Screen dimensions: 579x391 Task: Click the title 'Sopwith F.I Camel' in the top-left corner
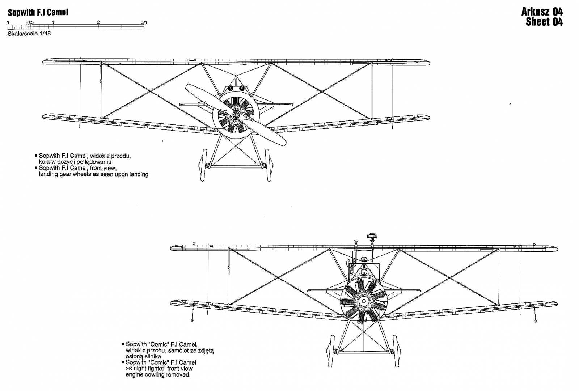pos(38,12)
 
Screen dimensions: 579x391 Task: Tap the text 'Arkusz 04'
pos(542,12)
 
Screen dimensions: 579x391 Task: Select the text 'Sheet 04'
pos(544,22)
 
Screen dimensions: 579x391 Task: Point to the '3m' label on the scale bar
pos(144,22)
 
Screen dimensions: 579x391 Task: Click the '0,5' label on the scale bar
pos(30,22)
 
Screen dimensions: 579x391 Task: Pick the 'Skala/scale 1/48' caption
pos(29,34)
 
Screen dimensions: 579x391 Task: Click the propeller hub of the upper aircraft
pos(236,115)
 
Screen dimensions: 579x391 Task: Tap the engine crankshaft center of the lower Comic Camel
pos(364,301)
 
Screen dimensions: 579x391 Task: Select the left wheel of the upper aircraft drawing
pos(203,165)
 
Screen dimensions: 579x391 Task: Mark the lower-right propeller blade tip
pos(285,144)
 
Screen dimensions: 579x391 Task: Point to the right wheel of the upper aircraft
pos(268,165)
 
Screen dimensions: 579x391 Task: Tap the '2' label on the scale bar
pos(98,22)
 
